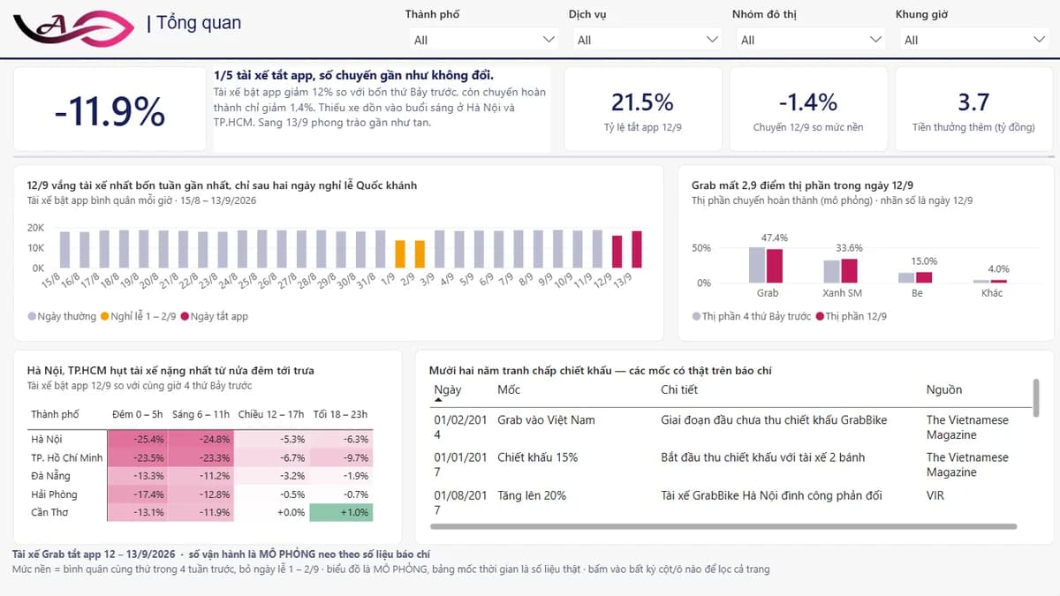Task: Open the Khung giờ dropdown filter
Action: (973, 40)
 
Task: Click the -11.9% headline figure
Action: (110, 111)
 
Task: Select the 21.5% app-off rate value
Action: (642, 102)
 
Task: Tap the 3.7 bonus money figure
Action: (973, 102)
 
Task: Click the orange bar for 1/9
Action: (400, 254)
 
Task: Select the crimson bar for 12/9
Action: (617, 252)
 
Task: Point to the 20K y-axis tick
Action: (35, 228)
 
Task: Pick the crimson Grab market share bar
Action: (775, 266)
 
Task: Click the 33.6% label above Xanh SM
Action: (849, 248)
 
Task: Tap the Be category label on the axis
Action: (917, 293)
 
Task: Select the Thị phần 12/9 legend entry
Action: (852, 316)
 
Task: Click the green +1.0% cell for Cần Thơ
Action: (341, 512)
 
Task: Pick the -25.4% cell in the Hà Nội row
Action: (138, 439)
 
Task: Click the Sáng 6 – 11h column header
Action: (201, 414)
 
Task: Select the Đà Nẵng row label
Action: (50, 475)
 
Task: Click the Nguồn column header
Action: (944, 389)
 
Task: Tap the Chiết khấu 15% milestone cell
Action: (538, 457)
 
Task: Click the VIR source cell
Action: (935, 495)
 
